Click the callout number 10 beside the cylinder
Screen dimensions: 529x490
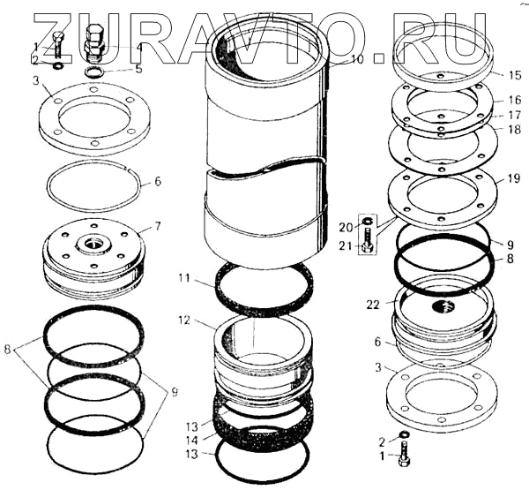357,59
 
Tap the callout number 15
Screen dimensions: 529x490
515,75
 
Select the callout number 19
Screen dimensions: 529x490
514,178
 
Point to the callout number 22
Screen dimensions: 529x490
373,305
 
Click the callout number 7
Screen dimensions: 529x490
158,226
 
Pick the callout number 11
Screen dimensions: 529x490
184,278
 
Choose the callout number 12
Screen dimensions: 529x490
184,320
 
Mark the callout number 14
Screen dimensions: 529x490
192,441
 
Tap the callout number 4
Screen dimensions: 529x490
138,47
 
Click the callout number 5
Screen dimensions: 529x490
138,69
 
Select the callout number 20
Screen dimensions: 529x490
346,228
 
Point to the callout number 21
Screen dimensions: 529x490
345,245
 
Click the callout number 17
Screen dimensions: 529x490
515,116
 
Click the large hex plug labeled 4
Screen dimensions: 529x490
94,43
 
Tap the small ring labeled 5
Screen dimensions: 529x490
93,72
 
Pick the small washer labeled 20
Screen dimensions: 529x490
367,222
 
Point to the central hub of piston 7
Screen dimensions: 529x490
93,244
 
